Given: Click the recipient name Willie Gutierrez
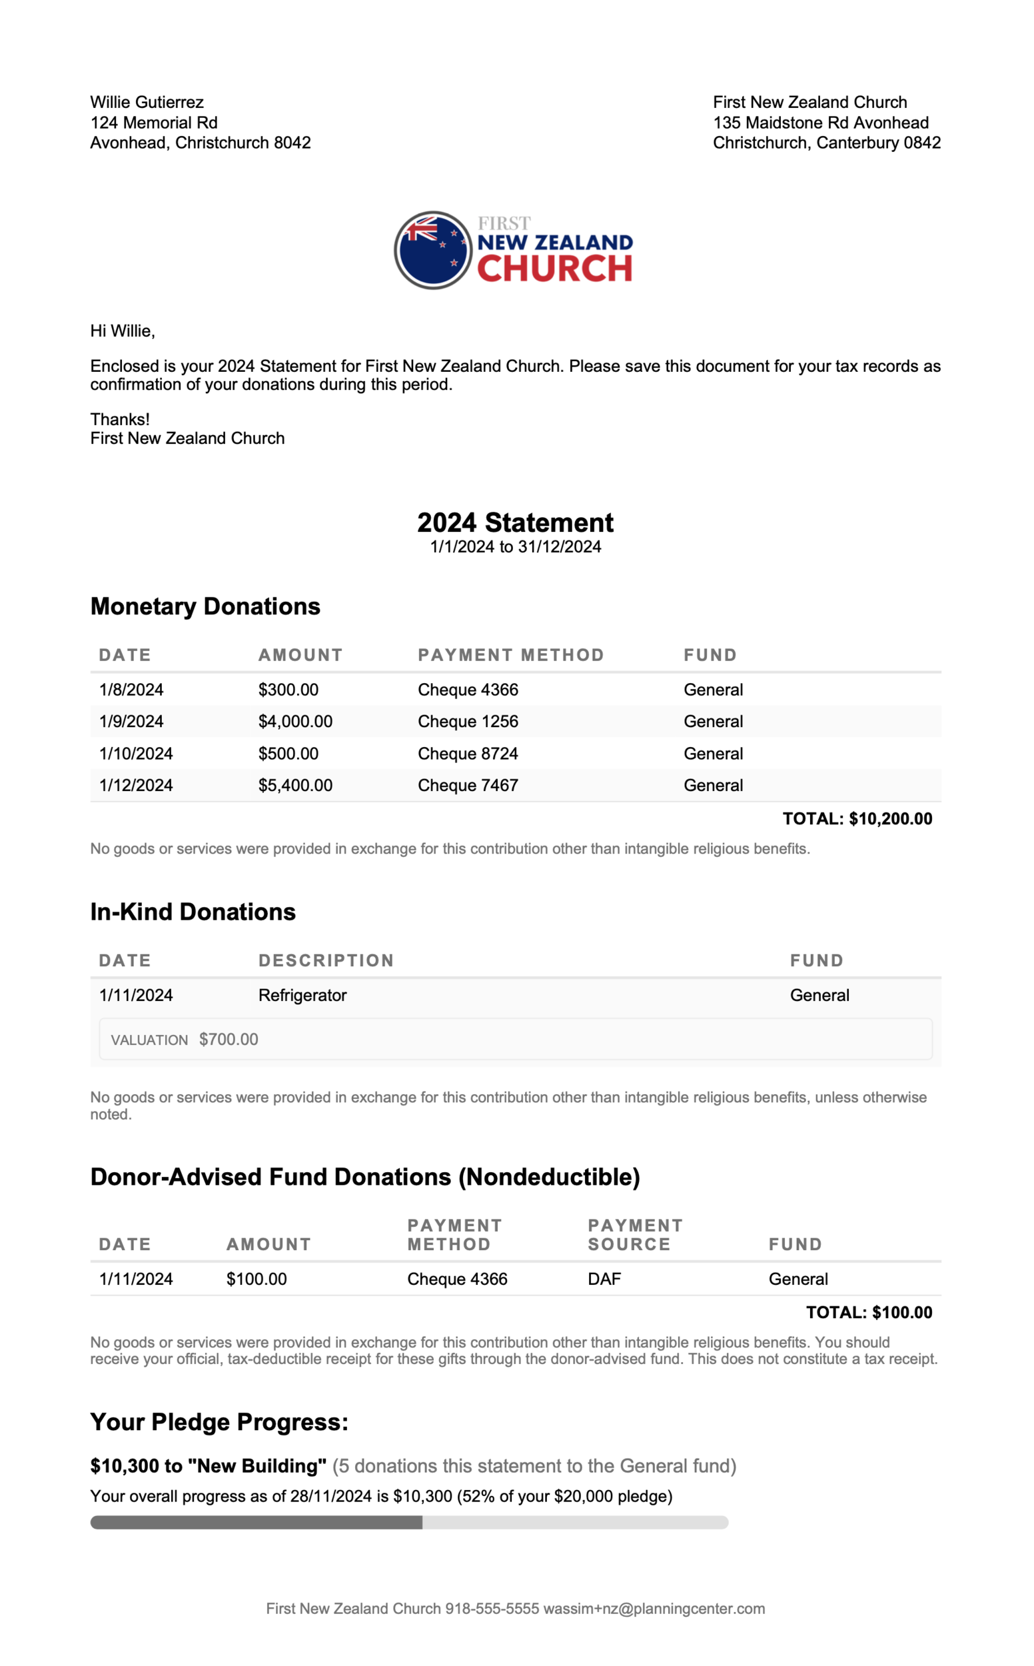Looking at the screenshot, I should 147,103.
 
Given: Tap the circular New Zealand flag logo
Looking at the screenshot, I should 433,251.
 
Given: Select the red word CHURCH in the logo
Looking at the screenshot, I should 554,269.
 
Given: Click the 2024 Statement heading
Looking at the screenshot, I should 516,523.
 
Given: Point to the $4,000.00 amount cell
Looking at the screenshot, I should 295,722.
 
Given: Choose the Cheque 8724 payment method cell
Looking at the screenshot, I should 468,754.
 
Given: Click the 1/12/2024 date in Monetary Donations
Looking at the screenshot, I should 136,786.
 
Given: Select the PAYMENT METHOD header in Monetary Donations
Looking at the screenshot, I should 511,655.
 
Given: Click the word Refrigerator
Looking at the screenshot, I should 302,996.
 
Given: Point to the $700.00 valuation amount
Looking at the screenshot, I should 229,1040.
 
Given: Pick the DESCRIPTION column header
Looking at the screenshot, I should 326,961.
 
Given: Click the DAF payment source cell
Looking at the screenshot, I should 604,1279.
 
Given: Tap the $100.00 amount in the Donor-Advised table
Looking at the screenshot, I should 257,1279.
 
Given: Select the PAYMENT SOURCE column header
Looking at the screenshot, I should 636,1235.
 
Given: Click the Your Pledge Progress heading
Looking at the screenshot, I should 219,1423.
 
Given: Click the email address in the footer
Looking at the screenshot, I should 654,1609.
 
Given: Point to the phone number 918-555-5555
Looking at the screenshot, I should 492,1609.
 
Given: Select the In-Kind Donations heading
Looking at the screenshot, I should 193,912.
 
